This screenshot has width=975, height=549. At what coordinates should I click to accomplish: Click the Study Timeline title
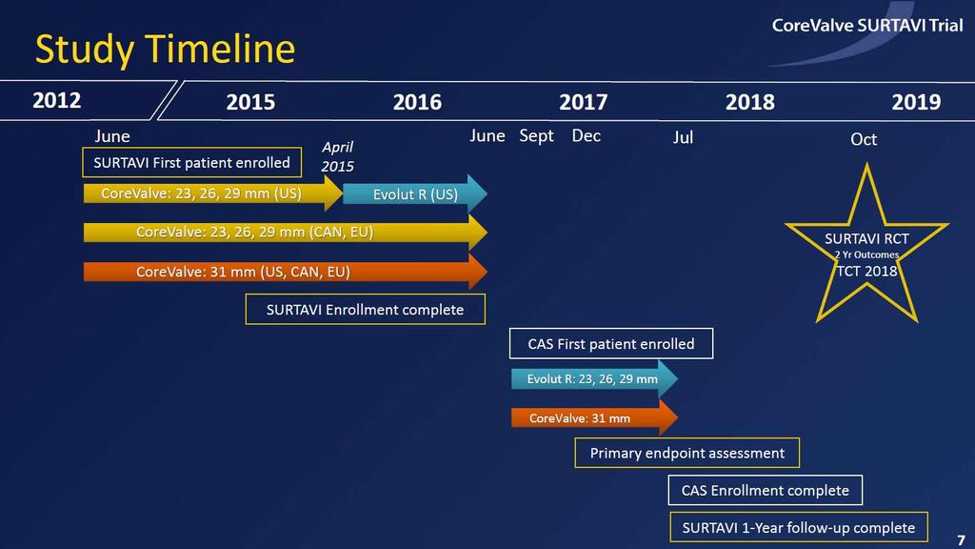click(165, 50)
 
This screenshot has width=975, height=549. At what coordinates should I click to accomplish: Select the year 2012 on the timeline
click(56, 100)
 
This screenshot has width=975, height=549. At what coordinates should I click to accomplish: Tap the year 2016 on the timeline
click(417, 102)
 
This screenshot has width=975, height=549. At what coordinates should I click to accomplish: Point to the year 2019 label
click(916, 102)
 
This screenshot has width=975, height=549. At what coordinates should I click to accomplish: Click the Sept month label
click(536, 136)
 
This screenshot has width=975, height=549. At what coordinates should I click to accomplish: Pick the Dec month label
click(587, 135)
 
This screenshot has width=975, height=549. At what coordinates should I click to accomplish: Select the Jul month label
click(683, 137)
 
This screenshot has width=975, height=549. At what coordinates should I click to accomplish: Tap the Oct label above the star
click(864, 139)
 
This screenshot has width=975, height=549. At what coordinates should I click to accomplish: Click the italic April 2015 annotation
click(337, 157)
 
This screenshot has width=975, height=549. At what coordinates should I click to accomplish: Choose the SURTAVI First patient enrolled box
click(191, 162)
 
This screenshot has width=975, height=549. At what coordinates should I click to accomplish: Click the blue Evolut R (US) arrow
click(415, 194)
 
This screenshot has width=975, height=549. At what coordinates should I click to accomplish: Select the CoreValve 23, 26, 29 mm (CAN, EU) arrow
click(286, 233)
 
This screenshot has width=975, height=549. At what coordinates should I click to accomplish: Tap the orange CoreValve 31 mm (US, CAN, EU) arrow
click(286, 272)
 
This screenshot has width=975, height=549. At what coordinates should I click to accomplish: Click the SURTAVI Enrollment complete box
click(365, 310)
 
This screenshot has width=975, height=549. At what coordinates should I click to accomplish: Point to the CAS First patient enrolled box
click(611, 343)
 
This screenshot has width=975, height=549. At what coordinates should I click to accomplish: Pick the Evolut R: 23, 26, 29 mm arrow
click(594, 378)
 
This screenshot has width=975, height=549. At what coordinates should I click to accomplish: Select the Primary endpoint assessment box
click(687, 453)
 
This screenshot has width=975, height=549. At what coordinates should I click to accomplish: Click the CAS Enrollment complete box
click(766, 491)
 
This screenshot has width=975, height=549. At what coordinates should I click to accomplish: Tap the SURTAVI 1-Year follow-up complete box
click(799, 527)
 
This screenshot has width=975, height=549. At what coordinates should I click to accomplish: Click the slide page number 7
click(961, 539)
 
